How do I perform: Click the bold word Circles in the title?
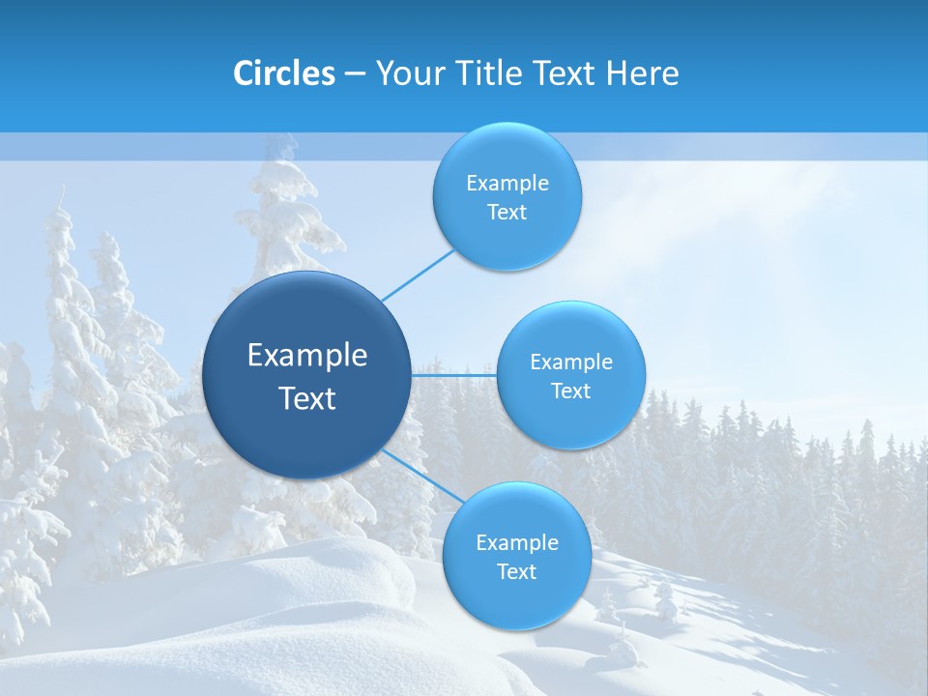pyautogui.click(x=284, y=73)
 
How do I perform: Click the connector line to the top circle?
pyautogui.click(x=418, y=274)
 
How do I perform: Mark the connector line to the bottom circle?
pyautogui.click(x=422, y=477)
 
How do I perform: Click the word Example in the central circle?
pyautogui.click(x=306, y=356)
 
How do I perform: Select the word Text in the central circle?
pyautogui.click(x=306, y=398)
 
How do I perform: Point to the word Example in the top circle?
pyautogui.click(x=507, y=184)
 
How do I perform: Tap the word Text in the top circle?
pyautogui.click(x=507, y=213)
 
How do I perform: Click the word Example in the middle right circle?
pyautogui.click(x=570, y=362)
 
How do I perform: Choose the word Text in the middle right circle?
pyautogui.click(x=570, y=391)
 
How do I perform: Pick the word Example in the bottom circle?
pyautogui.click(x=516, y=543)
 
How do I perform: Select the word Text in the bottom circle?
pyautogui.click(x=516, y=572)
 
